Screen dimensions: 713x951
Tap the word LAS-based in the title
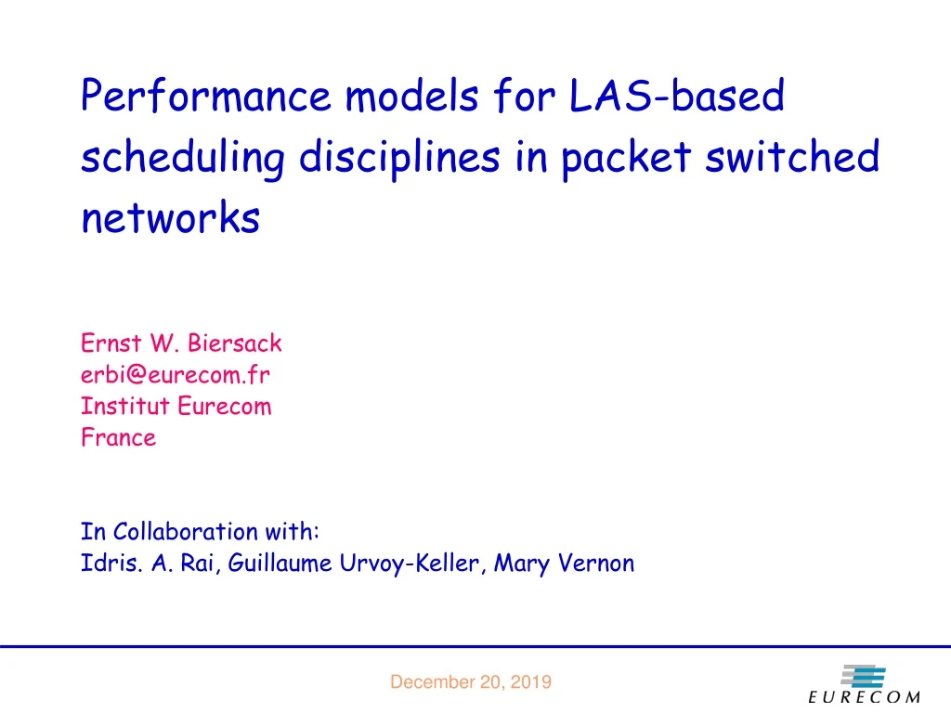[x=677, y=97]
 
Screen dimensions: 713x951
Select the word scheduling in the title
[x=182, y=158]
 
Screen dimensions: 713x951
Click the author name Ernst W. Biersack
[x=181, y=344]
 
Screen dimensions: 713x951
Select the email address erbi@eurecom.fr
[x=176, y=375]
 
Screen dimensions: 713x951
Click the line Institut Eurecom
[x=176, y=407]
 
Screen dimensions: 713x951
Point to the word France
[x=118, y=437]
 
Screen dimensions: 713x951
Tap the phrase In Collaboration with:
[x=200, y=532]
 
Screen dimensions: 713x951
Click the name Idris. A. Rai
[x=150, y=564]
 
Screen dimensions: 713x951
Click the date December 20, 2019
[x=470, y=682]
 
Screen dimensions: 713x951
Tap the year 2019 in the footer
[x=530, y=682]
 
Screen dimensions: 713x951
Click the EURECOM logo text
[x=864, y=697]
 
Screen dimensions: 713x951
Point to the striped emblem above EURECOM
[x=863, y=676]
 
